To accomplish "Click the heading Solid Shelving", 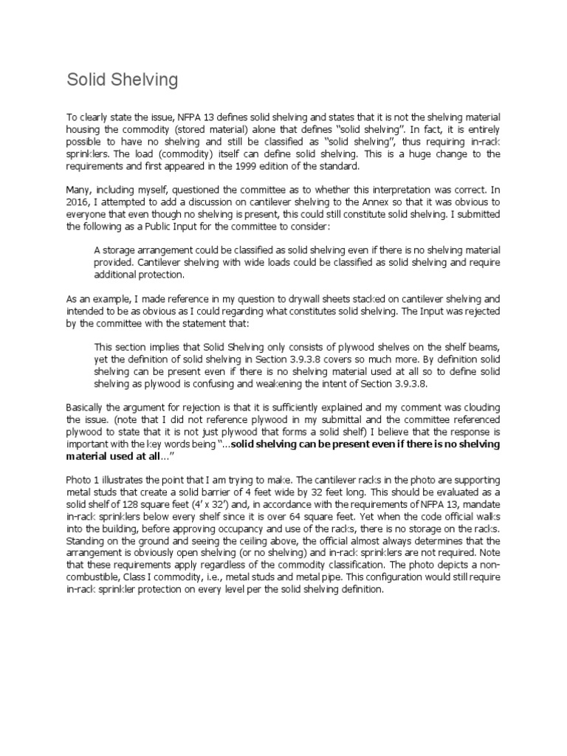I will (x=122, y=80).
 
